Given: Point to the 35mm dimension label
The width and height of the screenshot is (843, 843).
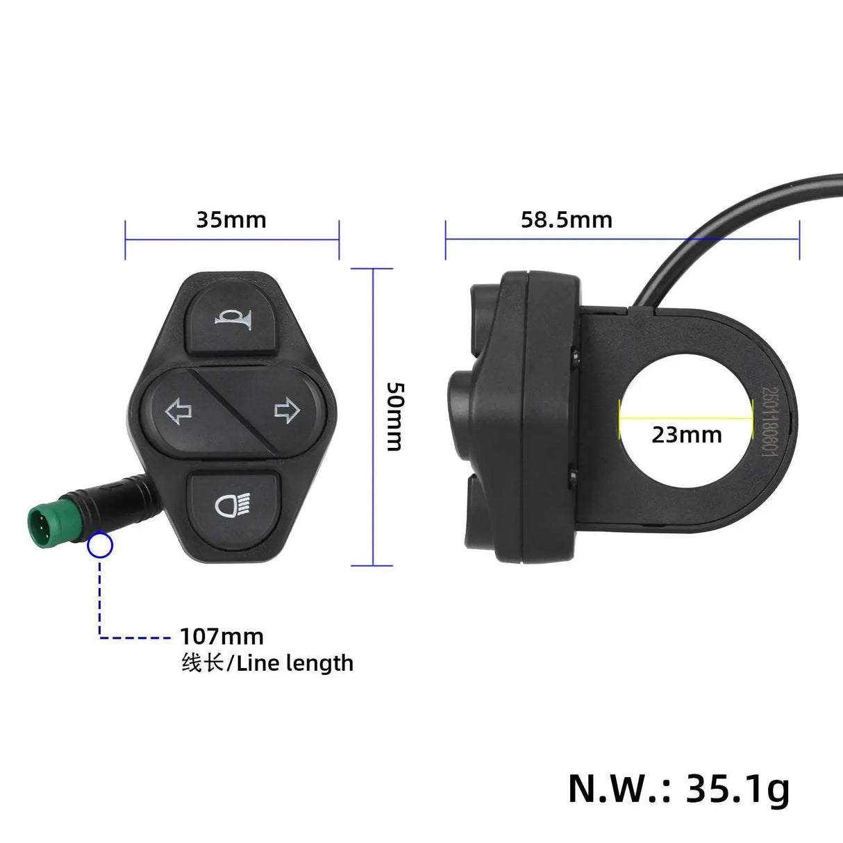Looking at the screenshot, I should coord(231,220).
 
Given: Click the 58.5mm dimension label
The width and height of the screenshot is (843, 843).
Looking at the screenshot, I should coord(567,220).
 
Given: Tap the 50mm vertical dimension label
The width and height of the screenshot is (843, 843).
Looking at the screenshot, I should coord(394,416).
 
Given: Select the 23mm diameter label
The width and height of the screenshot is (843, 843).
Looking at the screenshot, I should coord(686,435).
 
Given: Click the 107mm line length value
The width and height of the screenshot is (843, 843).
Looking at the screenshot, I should coord(222,637).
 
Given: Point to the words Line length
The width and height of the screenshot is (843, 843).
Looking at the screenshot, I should coord(295,664).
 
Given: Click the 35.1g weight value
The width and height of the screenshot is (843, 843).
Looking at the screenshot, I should coord(738,788).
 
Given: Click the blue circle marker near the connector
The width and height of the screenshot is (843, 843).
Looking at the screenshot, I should coord(100,546).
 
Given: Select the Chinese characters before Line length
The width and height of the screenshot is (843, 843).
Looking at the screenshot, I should coord(202,663).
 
